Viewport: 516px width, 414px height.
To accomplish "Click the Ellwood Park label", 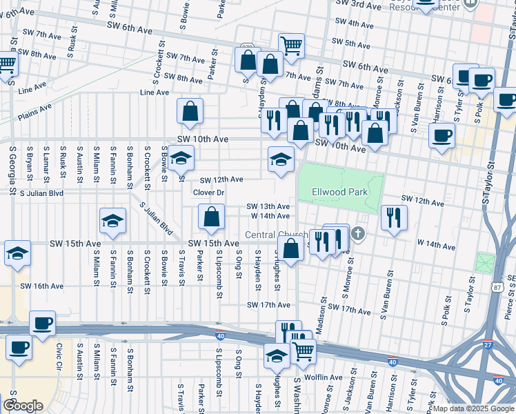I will tap(339, 193).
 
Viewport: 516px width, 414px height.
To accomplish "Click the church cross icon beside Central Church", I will tap(357, 235).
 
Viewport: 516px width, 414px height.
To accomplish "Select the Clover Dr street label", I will tap(209, 193).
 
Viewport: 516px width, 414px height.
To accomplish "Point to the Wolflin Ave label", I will tap(324, 377).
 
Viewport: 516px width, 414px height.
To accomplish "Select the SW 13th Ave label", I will tap(268, 206).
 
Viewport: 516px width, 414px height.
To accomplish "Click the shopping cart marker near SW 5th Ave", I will tap(292, 46).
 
